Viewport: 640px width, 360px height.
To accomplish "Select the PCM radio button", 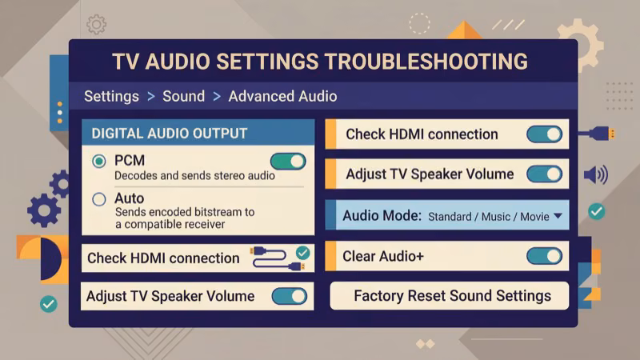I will point(99,162).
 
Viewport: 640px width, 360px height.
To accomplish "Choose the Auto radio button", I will point(99,199).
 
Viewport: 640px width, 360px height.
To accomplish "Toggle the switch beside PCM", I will point(288,162).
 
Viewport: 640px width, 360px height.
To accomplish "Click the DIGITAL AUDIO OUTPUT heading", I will point(170,133).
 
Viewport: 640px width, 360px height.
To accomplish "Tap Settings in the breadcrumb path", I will point(111,96).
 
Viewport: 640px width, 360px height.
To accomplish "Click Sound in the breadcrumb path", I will point(183,96).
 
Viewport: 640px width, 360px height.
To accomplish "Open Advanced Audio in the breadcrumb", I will point(282,96).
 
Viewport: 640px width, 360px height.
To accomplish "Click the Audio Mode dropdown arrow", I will point(558,216).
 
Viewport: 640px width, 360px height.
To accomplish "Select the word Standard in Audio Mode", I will point(450,216).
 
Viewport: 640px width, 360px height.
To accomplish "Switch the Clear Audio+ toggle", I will point(544,256).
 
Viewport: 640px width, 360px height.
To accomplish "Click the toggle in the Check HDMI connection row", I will point(544,134).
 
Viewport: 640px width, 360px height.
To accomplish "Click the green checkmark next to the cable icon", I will point(302,253).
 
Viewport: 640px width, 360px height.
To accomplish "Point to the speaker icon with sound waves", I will point(595,175).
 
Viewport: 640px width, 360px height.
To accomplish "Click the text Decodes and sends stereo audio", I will point(183,175).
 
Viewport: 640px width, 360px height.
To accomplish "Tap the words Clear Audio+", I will point(383,257).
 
